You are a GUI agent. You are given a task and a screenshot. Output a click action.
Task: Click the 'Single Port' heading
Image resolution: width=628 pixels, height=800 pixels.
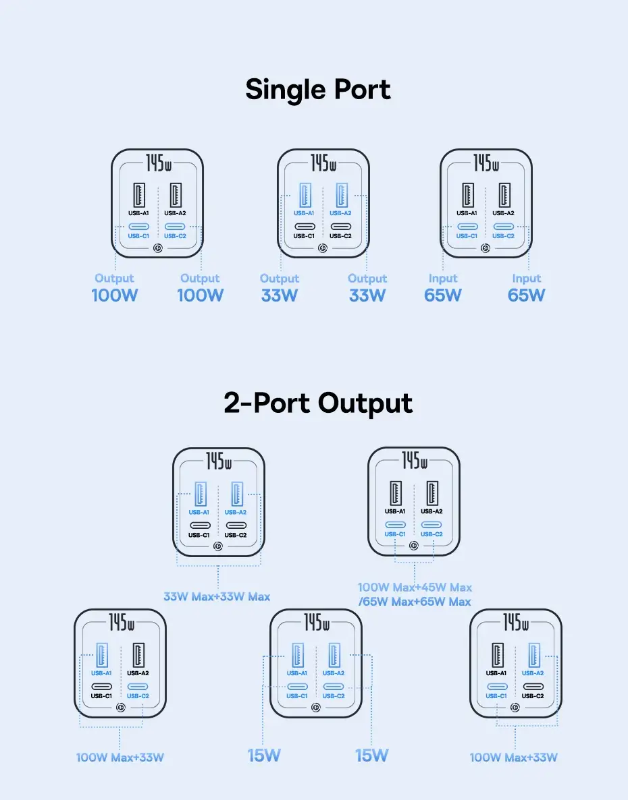(318, 90)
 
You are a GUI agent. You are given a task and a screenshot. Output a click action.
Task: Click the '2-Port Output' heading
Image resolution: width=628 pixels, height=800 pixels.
(318, 403)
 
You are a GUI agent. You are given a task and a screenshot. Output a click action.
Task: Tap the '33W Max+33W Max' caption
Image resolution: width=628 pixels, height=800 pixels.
(217, 596)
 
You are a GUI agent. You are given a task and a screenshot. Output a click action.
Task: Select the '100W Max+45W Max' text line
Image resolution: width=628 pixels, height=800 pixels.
(415, 588)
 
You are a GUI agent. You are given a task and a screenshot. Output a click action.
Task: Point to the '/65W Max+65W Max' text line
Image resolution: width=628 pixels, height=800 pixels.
(415, 601)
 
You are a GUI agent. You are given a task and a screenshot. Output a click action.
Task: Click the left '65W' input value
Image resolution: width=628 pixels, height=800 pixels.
(443, 295)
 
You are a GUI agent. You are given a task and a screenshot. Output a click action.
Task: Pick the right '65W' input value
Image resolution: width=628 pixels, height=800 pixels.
(526, 295)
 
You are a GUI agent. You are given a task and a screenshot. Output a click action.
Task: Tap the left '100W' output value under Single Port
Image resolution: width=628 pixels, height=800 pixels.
(114, 295)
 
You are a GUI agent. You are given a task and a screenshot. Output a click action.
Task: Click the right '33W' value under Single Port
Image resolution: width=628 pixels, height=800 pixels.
(367, 295)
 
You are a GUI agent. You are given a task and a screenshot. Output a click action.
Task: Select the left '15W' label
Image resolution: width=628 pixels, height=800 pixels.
(264, 755)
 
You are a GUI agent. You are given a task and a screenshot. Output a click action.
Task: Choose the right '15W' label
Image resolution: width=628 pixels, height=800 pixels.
(372, 755)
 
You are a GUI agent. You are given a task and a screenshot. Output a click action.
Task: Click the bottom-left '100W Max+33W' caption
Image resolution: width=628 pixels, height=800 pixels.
(120, 757)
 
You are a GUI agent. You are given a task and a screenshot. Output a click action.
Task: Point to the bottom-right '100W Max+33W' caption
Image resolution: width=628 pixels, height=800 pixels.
(514, 757)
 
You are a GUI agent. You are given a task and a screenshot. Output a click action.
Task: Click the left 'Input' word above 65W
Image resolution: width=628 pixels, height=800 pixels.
(443, 278)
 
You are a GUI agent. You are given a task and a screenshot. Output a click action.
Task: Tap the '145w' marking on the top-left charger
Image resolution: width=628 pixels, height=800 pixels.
(157, 163)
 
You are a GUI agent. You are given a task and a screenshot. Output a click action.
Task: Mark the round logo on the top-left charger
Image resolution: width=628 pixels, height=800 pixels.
(157, 249)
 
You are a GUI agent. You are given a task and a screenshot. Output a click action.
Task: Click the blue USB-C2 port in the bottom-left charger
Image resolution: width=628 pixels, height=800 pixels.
(138, 687)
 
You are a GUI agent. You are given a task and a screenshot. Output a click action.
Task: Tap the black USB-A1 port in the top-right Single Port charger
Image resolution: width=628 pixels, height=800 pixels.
(469, 195)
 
